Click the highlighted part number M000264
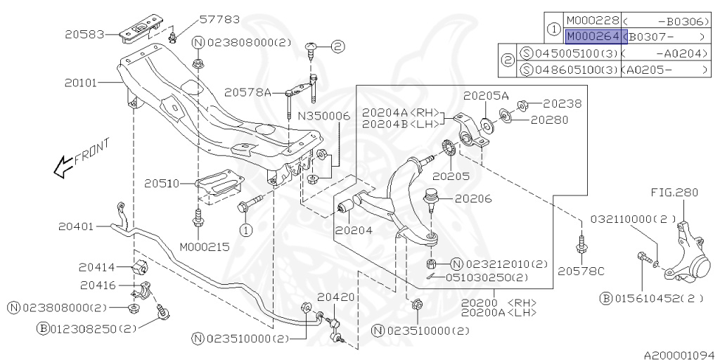coord(592,37)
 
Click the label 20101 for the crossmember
coord(82,82)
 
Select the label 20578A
coord(248,92)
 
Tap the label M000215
coord(204,247)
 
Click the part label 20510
coord(163,184)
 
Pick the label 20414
coord(97,267)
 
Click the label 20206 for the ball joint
coord(473,199)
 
